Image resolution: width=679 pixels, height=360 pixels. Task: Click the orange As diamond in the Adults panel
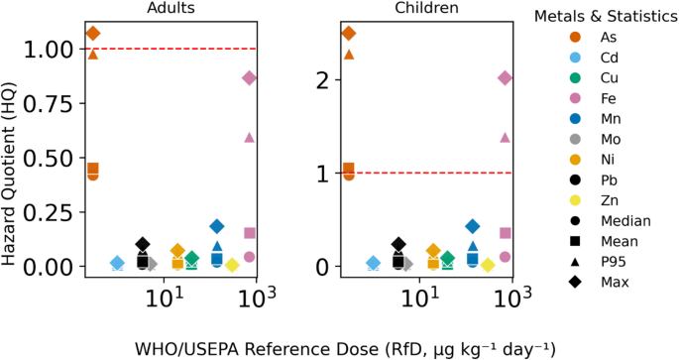pyautogui.click(x=93, y=34)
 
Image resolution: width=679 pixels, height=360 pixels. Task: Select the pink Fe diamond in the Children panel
pyautogui.click(x=505, y=78)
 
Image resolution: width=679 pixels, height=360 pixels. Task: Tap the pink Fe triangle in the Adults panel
pyautogui.click(x=249, y=137)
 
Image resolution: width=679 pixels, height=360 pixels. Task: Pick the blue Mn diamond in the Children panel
pyautogui.click(x=473, y=226)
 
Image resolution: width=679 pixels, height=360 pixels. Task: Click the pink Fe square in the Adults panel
pyautogui.click(x=250, y=233)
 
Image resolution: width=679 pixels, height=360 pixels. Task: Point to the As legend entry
pyautogui.click(x=585, y=37)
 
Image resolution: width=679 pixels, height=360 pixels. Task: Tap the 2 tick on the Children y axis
pyautogui.click(x=322, y=80)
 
